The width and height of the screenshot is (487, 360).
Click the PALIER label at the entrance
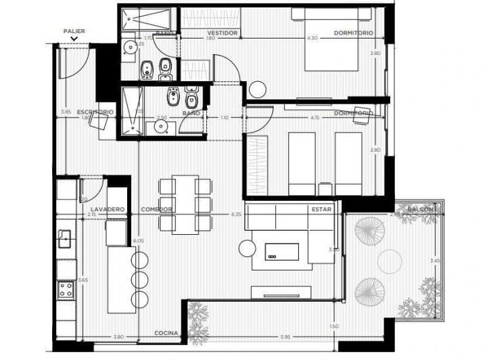[74, 31]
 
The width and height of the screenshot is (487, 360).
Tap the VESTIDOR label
[222, 32]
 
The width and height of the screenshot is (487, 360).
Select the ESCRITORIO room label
[95, 112]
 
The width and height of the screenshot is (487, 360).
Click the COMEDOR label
[156, 210]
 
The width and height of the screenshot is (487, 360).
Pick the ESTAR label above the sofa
[321, 210]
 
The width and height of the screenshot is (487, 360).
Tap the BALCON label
[422, 210]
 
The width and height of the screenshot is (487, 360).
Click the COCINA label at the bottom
[166, 334]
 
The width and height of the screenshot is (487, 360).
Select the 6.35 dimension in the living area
[235, 215]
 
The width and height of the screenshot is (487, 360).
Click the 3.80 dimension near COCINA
[118, 337]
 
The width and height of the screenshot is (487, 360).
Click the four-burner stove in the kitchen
[66, 290]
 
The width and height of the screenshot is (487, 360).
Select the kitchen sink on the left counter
[65, 239]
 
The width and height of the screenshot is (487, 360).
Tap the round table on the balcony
[390, 261]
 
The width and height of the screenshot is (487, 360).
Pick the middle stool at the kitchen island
[140, 279]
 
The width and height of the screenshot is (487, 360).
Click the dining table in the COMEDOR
[185, 204]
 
